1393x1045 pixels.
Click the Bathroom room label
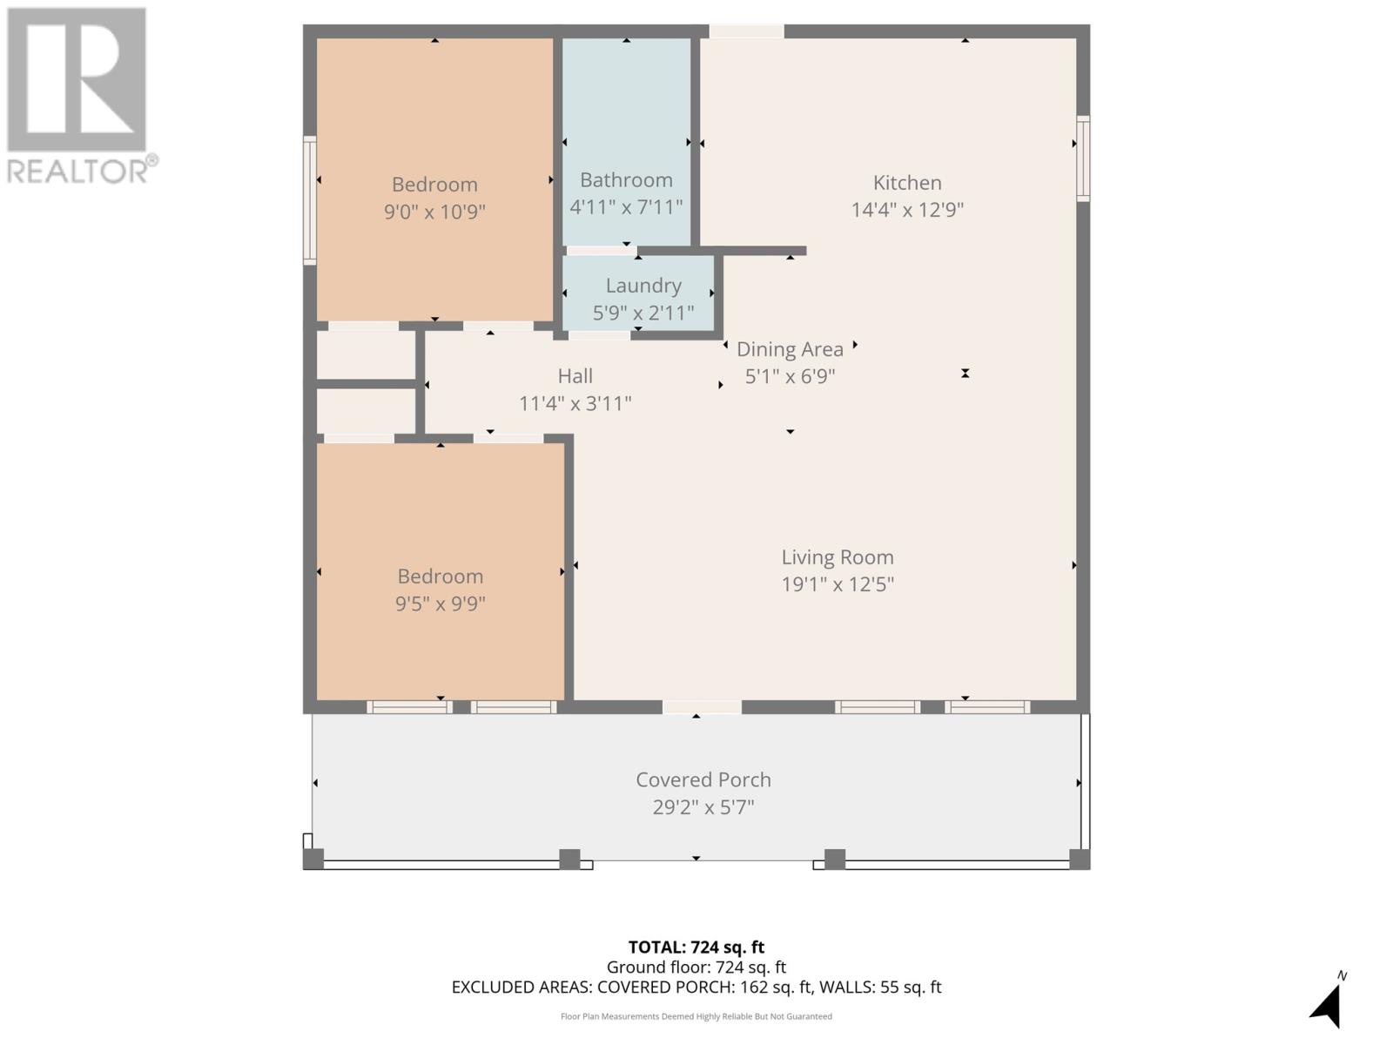tap(626, 180)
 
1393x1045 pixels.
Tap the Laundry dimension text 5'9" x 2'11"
tap(643, 313)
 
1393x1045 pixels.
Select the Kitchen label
tap(907, 183)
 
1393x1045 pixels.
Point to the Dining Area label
tap(790, 349)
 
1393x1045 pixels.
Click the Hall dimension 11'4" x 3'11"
tap(575, 404)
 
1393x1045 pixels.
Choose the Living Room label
tap(837, 557)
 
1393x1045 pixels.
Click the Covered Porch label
tap(703, 780)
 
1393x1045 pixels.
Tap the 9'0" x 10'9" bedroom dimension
tap(434, 212)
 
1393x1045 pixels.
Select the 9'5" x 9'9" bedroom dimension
tap(440, 603)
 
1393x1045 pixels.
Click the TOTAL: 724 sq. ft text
tap(696, 947)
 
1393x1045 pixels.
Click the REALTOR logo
tap(80, 96)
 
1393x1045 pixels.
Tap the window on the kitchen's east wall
tap(1082, 158)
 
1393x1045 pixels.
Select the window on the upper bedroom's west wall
tap(309, 199)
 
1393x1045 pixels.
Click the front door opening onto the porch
tap(702, 707)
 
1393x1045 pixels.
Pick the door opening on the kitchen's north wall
tap(746, 31)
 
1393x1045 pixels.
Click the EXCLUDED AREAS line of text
tap(696, 988)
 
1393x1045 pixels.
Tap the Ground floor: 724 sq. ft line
tap(696, 967)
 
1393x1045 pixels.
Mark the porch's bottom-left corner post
tap(313, 860)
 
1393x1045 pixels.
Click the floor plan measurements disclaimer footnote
tap(696, 1016)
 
